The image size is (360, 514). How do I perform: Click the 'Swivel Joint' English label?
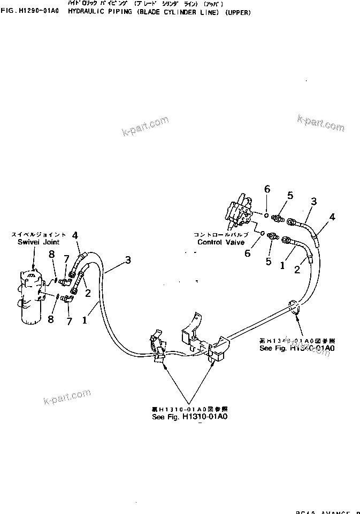(x=32, y=242)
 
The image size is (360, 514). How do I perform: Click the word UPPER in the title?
(x=237, y=12)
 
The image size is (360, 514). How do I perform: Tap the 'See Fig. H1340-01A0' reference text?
(x=297, y=348)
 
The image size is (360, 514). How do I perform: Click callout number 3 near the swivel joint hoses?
(x=127, y=260)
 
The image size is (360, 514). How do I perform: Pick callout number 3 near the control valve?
(x=314, y=201)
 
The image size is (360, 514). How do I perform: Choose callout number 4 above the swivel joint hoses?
(x=75, y=235)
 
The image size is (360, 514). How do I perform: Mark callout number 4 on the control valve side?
(x=332, y=217)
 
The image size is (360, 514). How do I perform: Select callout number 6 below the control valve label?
(x=247, y=254)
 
